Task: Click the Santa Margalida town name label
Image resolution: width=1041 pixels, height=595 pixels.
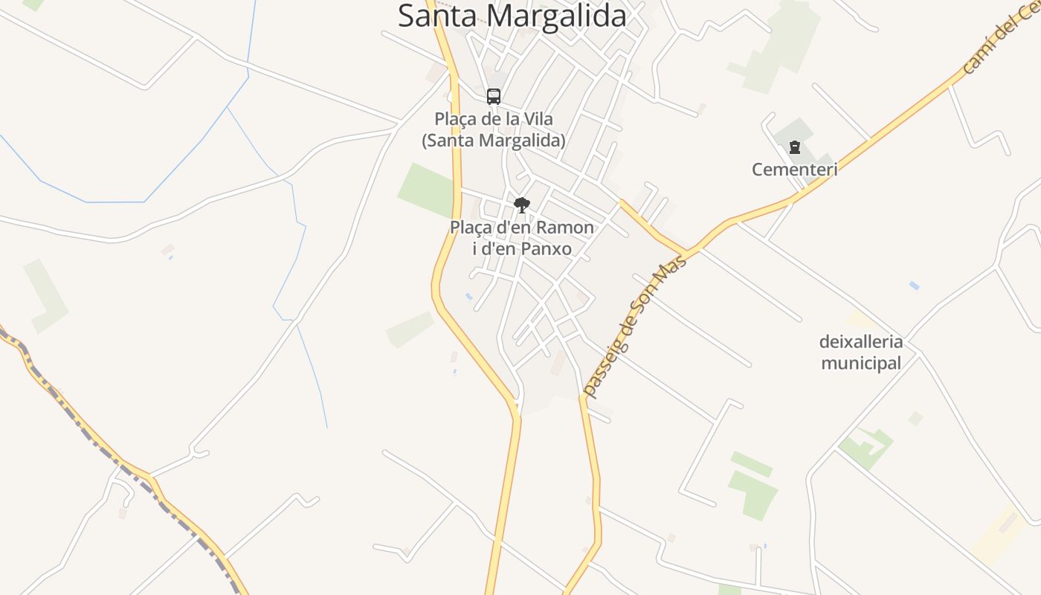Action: pyautogui.click(x=512, y=16)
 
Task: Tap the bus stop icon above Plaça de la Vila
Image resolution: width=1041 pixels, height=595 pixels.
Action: pyautogui.click(x=494, y=97)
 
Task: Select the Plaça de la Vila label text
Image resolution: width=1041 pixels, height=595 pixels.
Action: pyautogui.click(x=494, y=129)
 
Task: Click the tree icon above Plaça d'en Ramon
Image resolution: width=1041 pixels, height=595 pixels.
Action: pyautogui.click(x=522, y=205)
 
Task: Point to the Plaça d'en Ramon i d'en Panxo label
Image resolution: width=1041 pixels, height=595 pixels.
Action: pyautogui.click(x=522, y=238)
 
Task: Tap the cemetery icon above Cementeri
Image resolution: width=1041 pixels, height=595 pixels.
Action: pyautogui.click(x=795, y=147)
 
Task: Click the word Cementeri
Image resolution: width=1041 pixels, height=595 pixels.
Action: pyautogui.click(x=795, y=170)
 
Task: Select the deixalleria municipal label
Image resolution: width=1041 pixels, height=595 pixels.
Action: pyautogui.click(x=861, y=353)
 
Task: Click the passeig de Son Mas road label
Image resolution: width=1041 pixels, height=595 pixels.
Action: pyautogui.click(x=634, y=324)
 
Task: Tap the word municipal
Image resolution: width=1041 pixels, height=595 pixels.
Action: pyautogui.click(x=861, y=364)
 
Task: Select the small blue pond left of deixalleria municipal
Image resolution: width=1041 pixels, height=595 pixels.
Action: pyautogui.click(x=914, y=286)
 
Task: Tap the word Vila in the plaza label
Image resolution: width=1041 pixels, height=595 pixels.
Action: pyautogui.click(x=538, y=119)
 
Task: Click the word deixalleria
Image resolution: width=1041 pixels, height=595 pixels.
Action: pyautogui.click(x=861, y=342)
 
